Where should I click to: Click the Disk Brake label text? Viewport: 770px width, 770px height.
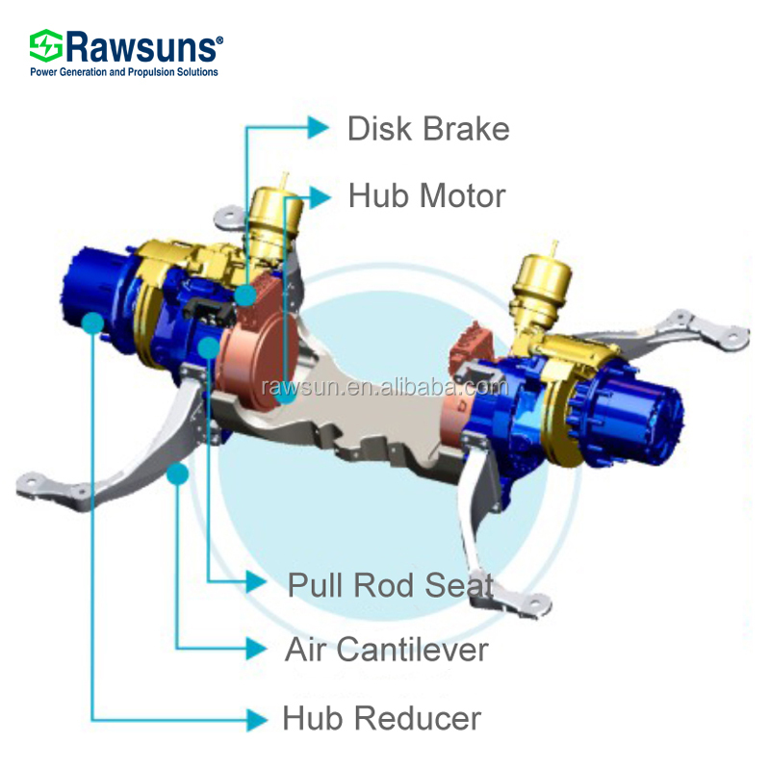coord(428,128)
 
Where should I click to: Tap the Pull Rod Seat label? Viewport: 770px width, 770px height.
coord(391,583)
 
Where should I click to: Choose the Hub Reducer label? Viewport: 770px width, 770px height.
coord(381,717)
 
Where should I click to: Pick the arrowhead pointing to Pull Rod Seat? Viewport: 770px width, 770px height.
coord(256,581)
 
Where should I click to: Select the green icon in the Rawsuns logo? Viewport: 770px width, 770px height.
coord(45,46)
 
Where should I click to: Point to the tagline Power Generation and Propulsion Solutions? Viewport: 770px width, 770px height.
coord(125,72)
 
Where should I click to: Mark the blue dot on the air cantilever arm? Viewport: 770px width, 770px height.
coord(176,474)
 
